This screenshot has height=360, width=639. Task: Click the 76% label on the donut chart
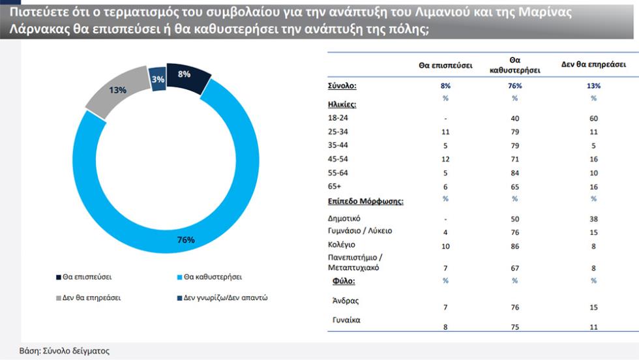[186, 240]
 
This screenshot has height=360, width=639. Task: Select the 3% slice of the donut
[158, 79]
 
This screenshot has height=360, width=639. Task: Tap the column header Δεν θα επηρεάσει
[593, 65]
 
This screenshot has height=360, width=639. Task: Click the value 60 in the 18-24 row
[593, 119]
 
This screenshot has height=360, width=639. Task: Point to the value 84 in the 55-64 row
[514, 173]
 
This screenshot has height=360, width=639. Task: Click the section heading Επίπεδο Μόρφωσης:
[365, 201]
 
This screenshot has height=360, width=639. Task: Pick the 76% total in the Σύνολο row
[514, 85]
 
